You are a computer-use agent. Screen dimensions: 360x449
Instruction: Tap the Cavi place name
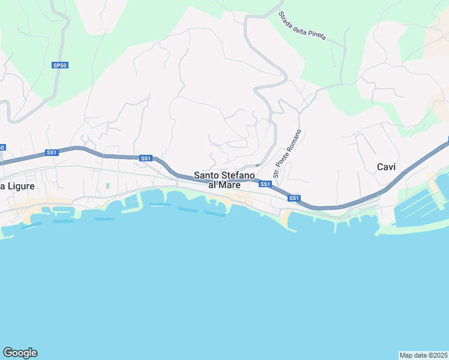coord(387,167)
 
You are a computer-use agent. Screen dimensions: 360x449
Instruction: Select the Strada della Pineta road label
coord(302,26)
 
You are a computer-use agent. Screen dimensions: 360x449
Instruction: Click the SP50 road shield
coord(59,65)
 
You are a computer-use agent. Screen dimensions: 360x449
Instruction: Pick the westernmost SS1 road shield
coord(52,152)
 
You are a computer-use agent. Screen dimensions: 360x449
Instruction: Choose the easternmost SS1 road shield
coord(294,198)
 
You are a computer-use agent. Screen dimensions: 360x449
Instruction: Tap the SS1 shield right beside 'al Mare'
coord(265,184)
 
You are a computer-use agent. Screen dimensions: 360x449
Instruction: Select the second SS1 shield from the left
coord(145,158)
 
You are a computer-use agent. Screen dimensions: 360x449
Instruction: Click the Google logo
coord(20,353)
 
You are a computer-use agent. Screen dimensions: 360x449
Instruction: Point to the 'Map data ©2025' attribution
coord(424,355)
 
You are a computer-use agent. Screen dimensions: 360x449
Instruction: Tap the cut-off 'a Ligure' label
coord(17,187)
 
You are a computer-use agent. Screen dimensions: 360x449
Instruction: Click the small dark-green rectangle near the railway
coord(107,186)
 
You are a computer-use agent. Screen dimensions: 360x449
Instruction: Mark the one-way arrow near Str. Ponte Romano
coord(257,166)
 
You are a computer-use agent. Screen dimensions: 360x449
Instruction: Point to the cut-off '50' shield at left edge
coord(2,147)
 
